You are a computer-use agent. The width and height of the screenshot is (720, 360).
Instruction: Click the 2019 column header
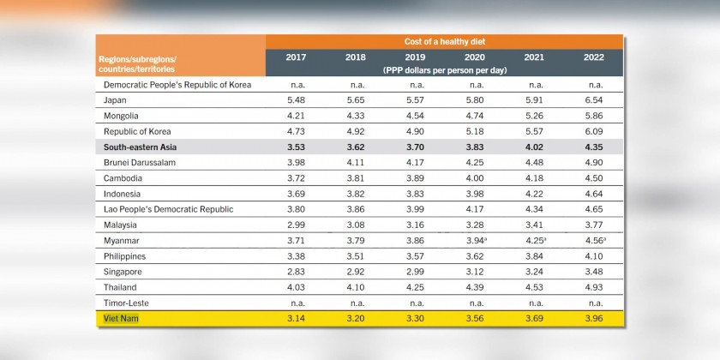[x=416, y=57]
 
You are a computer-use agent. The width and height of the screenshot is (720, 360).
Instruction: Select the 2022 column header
[x=593, y=57]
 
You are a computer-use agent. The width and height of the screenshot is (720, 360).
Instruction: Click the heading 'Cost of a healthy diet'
[x=444, y=41]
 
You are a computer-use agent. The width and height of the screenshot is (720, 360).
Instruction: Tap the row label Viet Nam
[x=122, y=318]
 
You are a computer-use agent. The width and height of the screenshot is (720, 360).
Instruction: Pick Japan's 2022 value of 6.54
[x=593, y=100]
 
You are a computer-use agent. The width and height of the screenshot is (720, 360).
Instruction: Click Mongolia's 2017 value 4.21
[x=296, y=116]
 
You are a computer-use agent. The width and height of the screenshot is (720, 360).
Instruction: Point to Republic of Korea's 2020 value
[x=475, y=131]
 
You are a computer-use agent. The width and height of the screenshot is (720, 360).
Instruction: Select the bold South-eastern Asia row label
[x=141, y=147]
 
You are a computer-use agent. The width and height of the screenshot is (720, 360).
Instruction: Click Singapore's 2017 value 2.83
[x=296, y=272]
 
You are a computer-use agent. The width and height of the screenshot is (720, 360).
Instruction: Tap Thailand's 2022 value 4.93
[x=593, y=287]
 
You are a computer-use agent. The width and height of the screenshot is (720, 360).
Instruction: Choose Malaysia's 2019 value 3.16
[x=416, y=225]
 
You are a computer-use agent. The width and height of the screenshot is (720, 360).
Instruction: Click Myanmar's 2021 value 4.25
[x=535, y=240]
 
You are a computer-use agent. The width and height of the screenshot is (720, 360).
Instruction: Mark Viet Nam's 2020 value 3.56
[x=475, y=318]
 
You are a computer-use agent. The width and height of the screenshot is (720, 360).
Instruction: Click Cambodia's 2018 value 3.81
[x=355, y=178]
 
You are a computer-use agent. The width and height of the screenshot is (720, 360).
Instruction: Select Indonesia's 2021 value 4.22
[x=535, y=194]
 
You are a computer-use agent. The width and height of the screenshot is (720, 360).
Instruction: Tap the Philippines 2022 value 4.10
[x=593, y=256]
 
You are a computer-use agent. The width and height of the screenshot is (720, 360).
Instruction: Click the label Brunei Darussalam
[x=141, y=163]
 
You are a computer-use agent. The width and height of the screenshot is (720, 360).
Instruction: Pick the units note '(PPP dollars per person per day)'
[x=444, y=68]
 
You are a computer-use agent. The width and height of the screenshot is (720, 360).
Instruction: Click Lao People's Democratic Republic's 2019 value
[x=416, y=209]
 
